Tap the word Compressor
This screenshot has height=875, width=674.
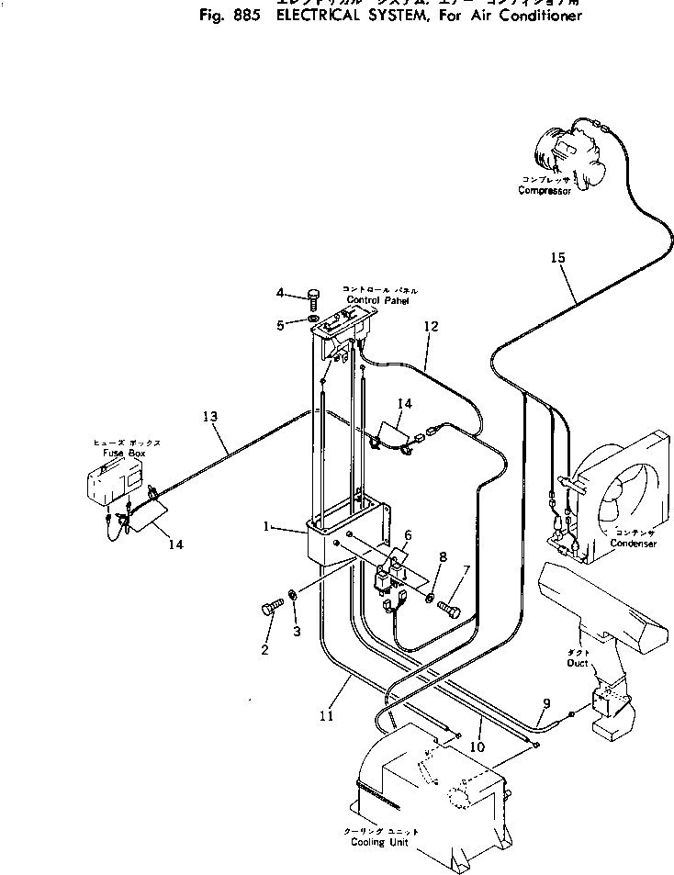pyautogui.click(x=545, y=191)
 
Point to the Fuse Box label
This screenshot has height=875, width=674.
pyautogui.click(x=126, y=454)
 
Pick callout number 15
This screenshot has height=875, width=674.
pyautogui.click(x=557, y=258)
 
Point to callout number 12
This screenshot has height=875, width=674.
pyautogui.click(x=432, y=326)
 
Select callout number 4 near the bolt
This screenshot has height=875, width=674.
pyautogui.click(x=280, y=293)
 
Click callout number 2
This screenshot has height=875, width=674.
pyautogui.click(x=264, y=650)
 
